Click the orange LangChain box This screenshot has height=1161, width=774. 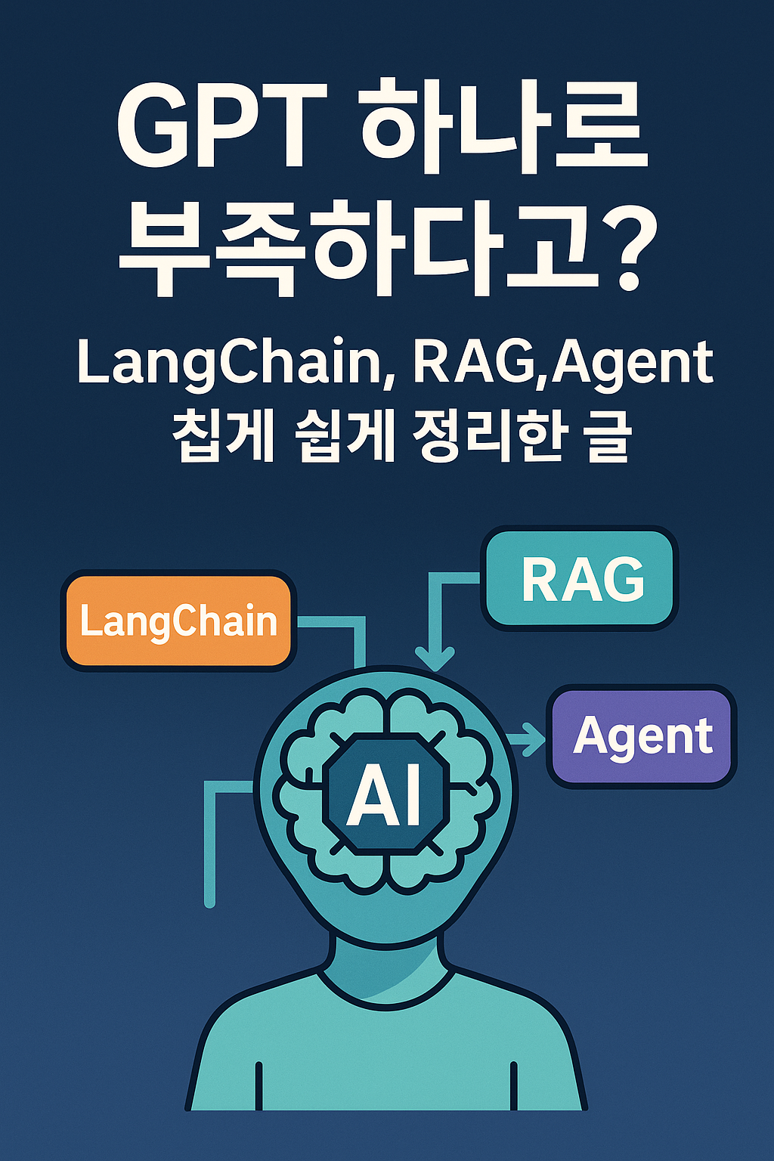click(178, 621)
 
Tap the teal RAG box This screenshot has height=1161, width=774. click(580, 579)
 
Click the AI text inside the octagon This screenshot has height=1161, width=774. click(385, 794)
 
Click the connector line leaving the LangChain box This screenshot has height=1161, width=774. click(333, 622)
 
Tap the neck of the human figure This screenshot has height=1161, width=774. click(385, 964)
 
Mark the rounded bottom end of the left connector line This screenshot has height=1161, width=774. click(210, 901)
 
